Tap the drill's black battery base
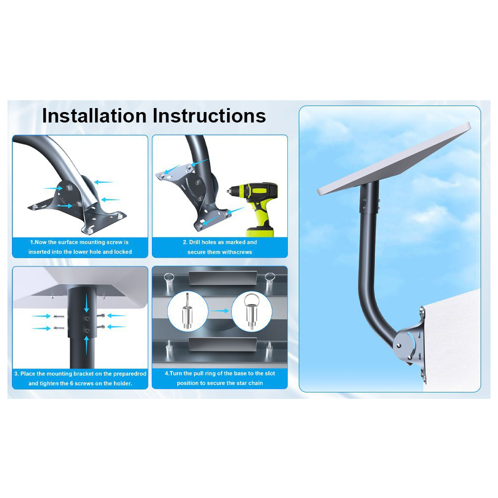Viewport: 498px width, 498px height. (260, 232)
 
